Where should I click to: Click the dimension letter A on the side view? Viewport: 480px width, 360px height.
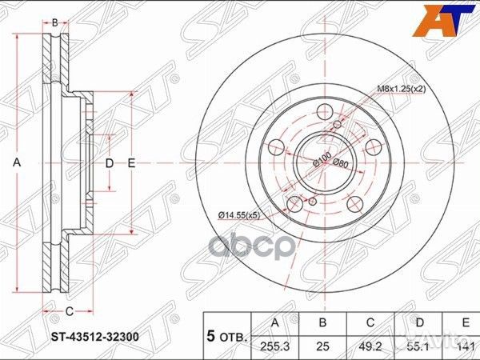[16, 162]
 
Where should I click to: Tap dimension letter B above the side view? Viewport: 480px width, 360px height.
[54, 22]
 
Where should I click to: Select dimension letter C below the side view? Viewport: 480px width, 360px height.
[69, 310]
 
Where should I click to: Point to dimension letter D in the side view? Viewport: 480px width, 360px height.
[110, 163]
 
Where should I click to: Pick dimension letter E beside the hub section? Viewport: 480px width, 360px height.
[132, 163]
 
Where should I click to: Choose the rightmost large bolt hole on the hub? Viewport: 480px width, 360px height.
[373, 146]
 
